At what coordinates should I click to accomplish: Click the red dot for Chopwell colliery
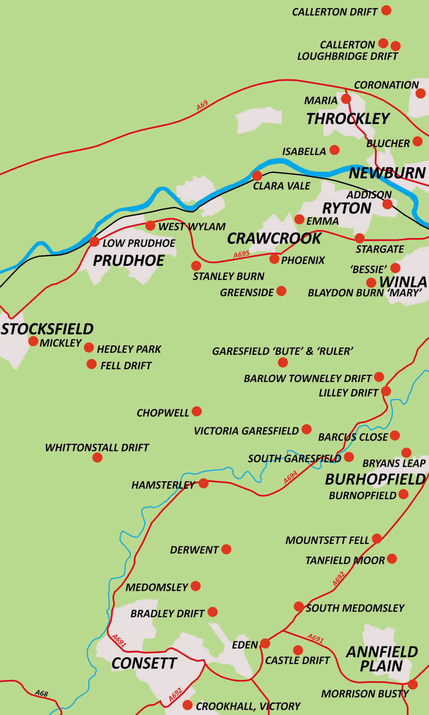pyautogui.click(x=196, y=411)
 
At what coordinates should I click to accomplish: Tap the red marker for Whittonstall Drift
pyautogui.click(x=97, y=457)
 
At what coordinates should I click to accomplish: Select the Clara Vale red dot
pyautogui.click(x=257, y=175)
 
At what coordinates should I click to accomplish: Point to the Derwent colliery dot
pyautogui.click(x=226, y=549)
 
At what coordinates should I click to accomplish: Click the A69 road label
pyautogui.click(x=203, y=105)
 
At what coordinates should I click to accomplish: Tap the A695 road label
pyautogui.click(x=242, y=254)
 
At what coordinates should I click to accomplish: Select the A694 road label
pyautogui.click(x=290, y=477)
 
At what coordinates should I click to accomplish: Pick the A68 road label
pyautogui.click(x=41, y=694)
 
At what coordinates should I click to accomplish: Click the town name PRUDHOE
pyautogui.click(x=129, y=261)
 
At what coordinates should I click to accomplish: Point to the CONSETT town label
pyautogui.click(x=144, y=663)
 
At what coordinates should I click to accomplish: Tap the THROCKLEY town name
pyautogui.click(x=348, y=119)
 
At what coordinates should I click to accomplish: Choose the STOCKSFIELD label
pyautogui.click(x=47, y=329)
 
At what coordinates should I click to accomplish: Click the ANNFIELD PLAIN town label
pyautogui.click(x=382, y=659)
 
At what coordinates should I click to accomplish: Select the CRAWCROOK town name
pyautogui.click(x=274, y=239)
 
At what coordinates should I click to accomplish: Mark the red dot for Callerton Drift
pyautogui.click(x=386, y=10)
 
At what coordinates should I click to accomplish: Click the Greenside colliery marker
pyautogui.click(x=281, y=291)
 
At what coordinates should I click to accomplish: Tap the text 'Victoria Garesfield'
pyautogui.click(x=246, y=431)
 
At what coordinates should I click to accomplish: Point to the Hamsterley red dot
pyautogui.click(x=204, y=483)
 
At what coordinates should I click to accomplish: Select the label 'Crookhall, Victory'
pyautogui.click(x=248, y=706)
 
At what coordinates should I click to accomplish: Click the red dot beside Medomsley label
pyautogui.click(x=195, y=586)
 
